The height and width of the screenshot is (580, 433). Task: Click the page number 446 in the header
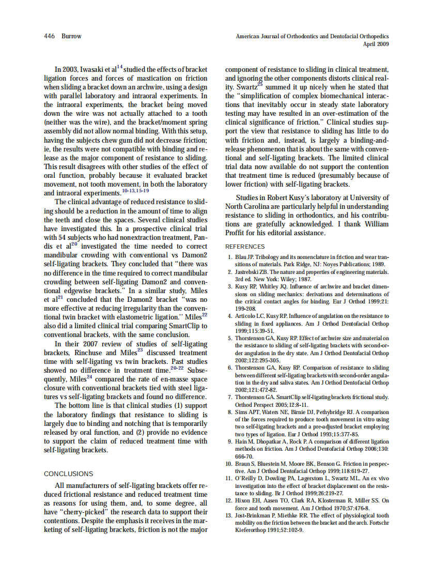tap(50, 37)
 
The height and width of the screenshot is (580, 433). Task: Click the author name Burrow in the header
tap(71, 37)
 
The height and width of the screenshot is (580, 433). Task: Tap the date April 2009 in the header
tap(376, 44)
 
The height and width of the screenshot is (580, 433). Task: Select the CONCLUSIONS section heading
tap(68, 474)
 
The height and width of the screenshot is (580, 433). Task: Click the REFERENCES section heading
tap(245, 247)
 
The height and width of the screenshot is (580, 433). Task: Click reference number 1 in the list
tap(230, 257)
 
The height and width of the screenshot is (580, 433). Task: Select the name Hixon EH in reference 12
tap(248, 500)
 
